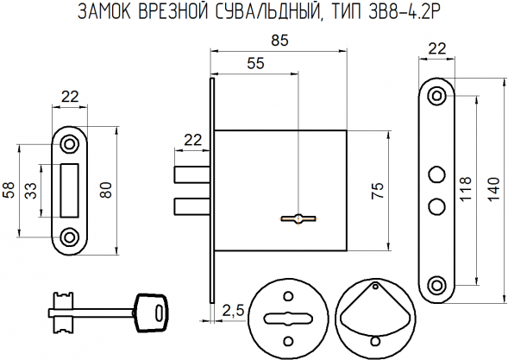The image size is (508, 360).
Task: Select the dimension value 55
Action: point(256,62)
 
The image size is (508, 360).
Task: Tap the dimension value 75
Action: point(376,192)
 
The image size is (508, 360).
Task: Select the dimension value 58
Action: point(9,189)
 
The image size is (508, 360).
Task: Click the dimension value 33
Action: point(31,189)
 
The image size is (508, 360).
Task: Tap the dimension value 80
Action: point(106,189)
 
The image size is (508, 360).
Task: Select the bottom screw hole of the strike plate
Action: point(71,234)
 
